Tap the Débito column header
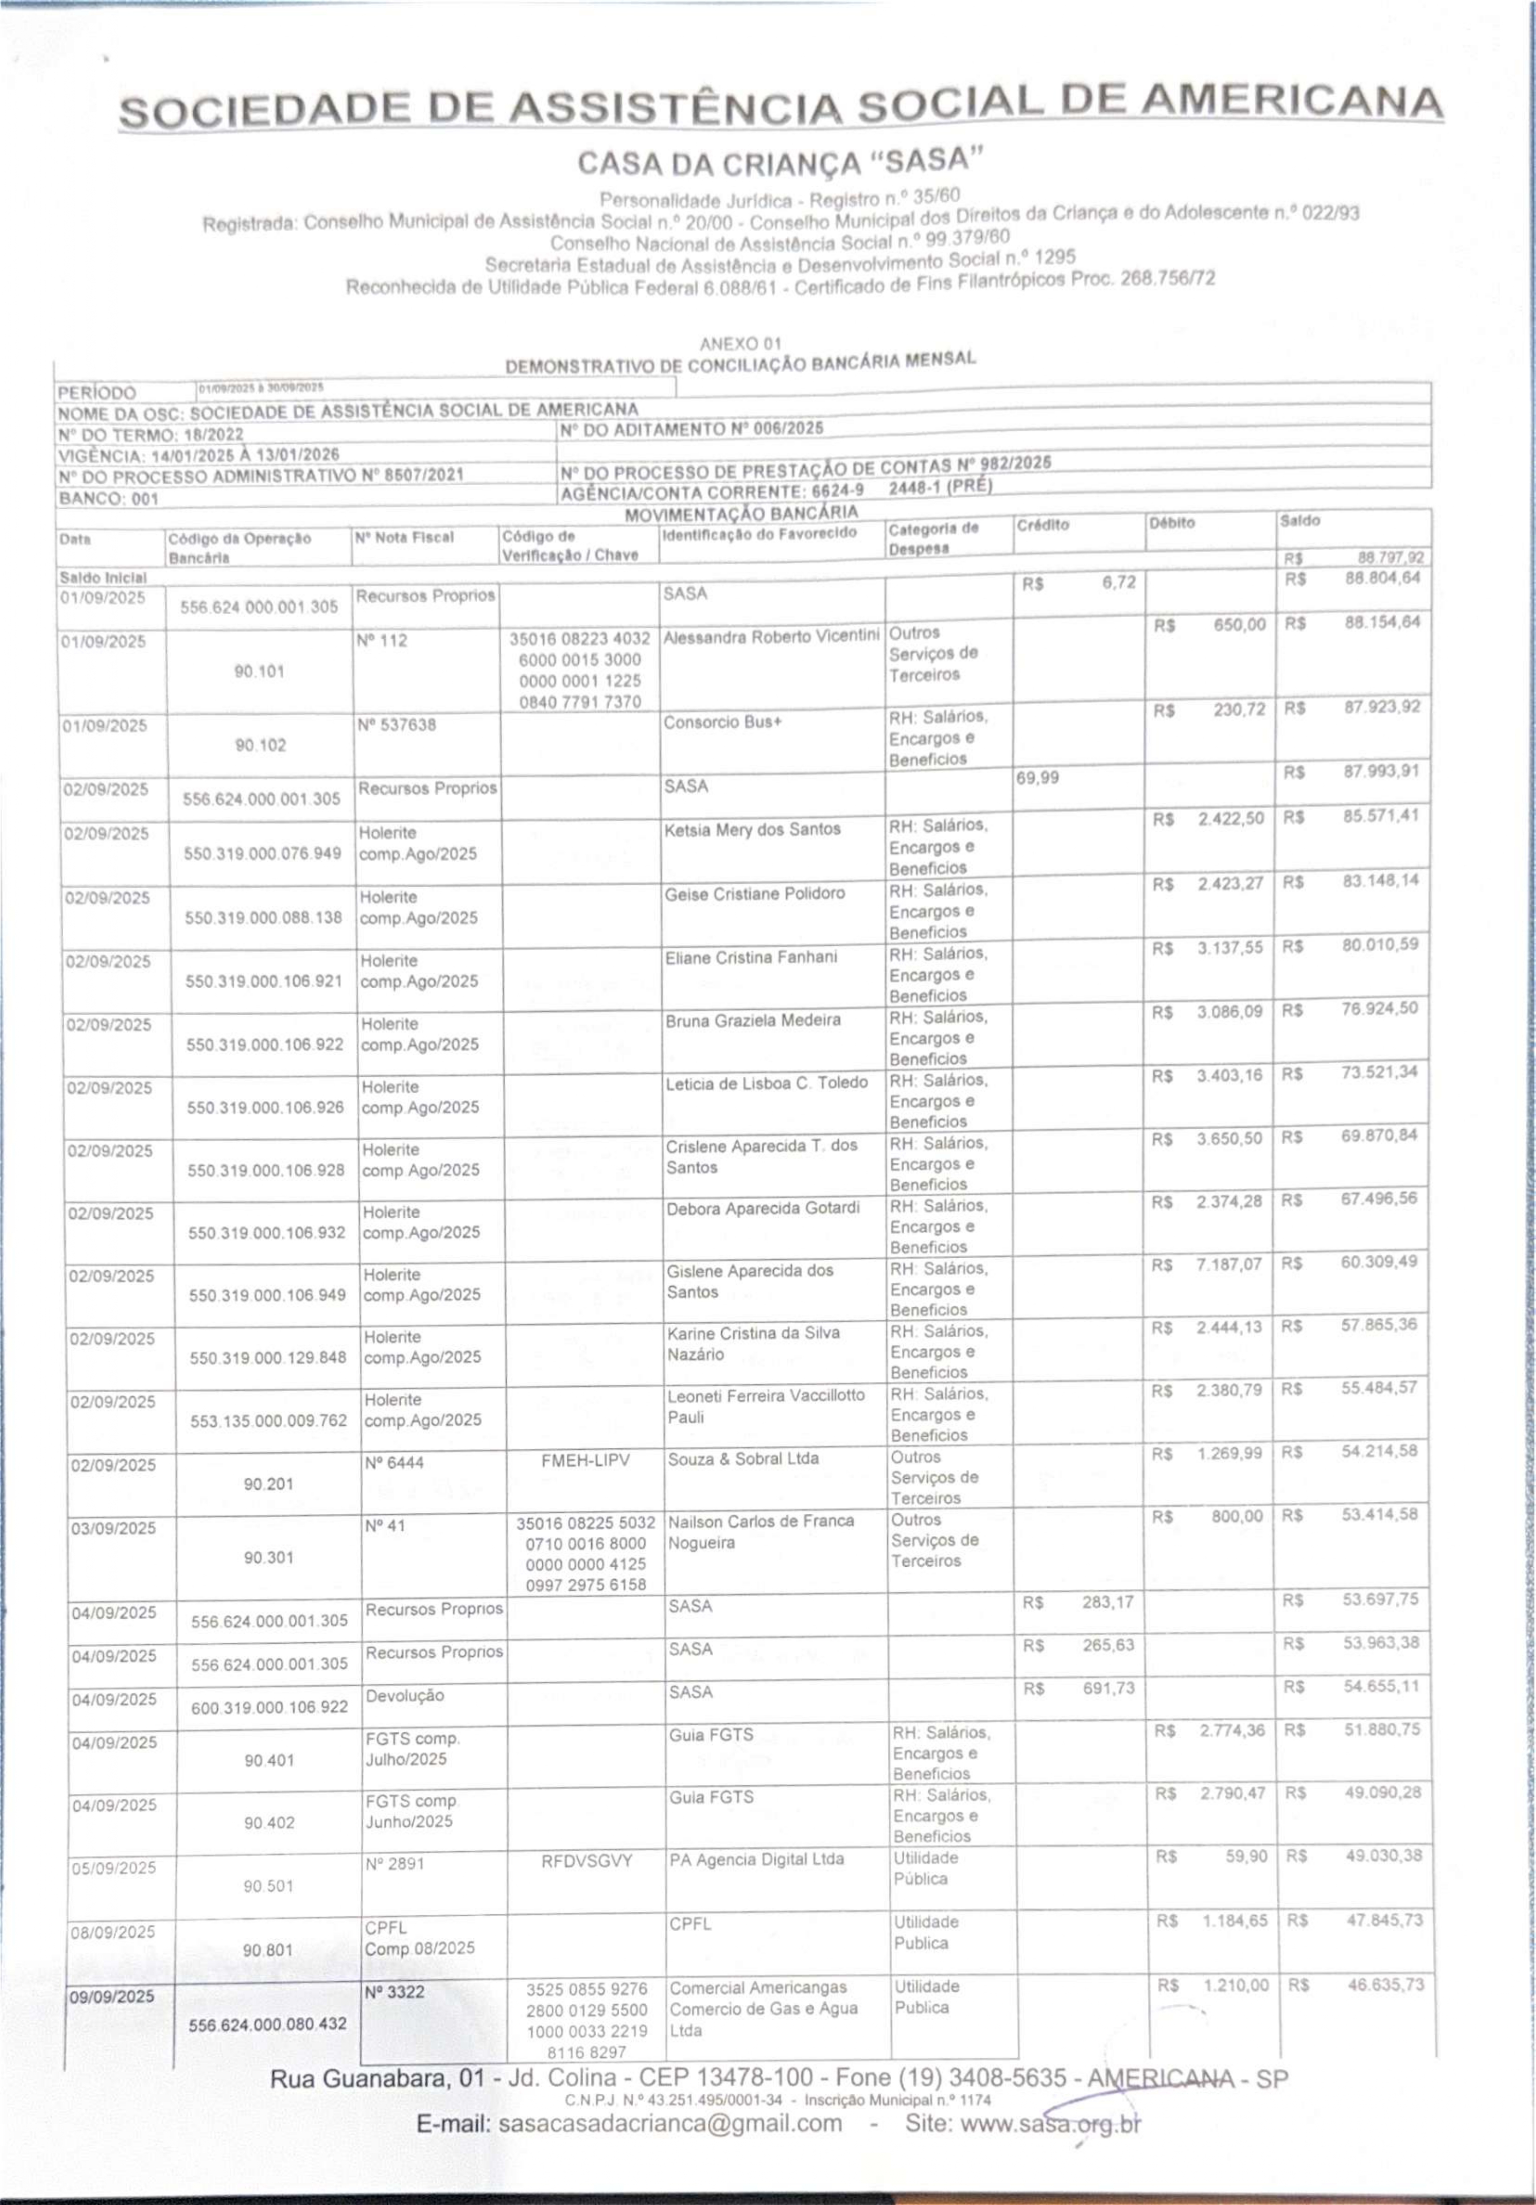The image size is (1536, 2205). coord(1172,523)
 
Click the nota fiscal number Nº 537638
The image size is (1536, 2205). coord(395,724)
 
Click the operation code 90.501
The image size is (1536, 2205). coord(269,1885)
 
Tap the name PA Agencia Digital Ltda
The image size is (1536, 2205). coord(756,1859)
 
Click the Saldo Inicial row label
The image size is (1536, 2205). coord(103,578)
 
